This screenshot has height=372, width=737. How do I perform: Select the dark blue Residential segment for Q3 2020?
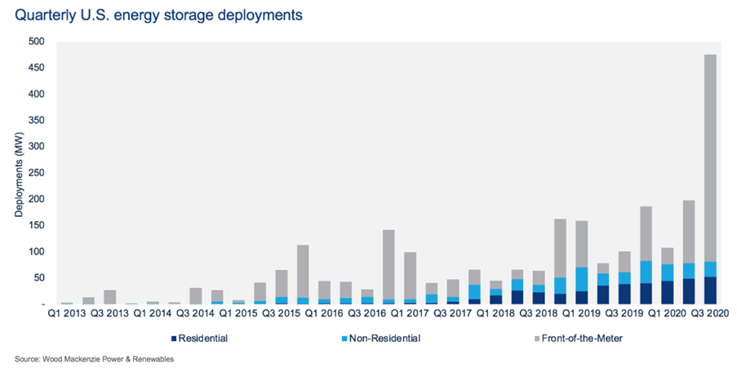pyautogui.click(x=709, y=290)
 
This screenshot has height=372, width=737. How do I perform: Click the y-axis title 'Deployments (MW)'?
pyautogui.click(x=18, y=173)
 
